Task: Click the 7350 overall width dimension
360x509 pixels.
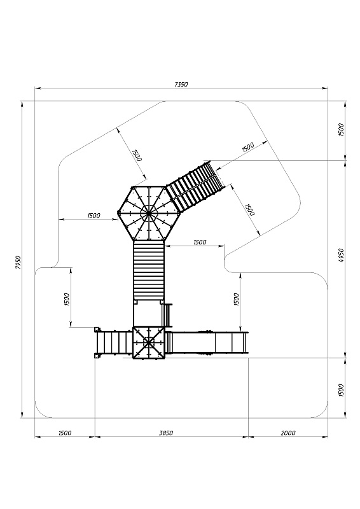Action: coord(181,85)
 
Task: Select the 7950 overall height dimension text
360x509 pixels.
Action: coord(18,262)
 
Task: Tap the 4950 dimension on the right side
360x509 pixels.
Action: coord(340,256)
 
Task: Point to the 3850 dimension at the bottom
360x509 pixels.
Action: coord(166,433)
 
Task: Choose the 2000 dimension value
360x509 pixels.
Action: coord(288,433)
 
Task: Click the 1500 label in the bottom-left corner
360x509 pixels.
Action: coord(65,433)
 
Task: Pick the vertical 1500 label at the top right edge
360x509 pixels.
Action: coord(340,130)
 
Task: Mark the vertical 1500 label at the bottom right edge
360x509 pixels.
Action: coord(340,390)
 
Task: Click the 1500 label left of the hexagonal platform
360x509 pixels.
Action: coord(93,215)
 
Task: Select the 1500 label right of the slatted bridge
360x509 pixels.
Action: coord(200,242)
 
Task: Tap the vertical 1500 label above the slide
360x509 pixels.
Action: coord(236,299)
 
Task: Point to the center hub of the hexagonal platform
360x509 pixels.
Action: coord(148,213)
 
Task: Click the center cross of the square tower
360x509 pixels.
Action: coord(149,342)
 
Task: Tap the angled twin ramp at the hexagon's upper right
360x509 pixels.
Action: coord(195,186)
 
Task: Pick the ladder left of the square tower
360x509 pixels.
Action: coord(114,342)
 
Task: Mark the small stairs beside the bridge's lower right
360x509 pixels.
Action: coord(167,315)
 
